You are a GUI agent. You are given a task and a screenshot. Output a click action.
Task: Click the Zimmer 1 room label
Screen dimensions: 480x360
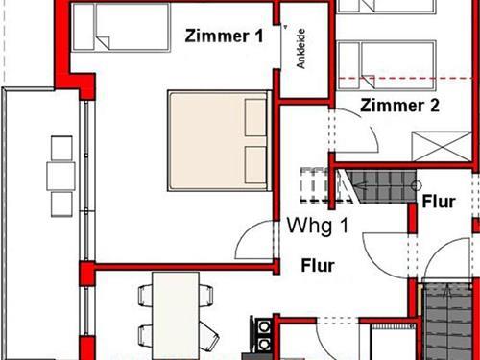point(224,36)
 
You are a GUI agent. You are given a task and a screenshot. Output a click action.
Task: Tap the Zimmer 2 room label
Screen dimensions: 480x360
point(399,106)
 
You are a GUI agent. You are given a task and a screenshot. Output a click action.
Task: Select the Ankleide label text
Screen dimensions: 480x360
point(301,49)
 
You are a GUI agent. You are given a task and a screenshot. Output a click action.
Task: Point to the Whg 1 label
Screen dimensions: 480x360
point(318,226)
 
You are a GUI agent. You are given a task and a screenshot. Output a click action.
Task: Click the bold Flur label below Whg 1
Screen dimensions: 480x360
point(318,266)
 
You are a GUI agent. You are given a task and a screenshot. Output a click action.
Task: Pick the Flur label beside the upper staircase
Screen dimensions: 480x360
point(439,202)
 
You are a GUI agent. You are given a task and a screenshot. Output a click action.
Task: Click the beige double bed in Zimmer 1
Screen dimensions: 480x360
point(220,141)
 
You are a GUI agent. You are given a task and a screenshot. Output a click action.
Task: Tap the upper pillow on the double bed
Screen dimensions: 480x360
point(255,117)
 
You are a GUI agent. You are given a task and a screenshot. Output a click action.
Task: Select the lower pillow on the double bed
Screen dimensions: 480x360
point(255,165)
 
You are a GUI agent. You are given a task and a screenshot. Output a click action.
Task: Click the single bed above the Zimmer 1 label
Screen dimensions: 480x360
point(121,27)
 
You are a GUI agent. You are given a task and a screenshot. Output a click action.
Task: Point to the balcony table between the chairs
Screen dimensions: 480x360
point(61,177)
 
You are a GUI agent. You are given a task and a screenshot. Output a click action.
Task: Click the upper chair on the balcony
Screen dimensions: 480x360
point(61,149)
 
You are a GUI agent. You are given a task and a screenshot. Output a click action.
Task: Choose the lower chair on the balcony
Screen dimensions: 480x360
point(61,204)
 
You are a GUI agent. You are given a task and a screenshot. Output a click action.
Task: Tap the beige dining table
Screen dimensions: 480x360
point(176,316)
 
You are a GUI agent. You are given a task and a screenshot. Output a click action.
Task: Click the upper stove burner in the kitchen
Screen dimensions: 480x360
point(263,327)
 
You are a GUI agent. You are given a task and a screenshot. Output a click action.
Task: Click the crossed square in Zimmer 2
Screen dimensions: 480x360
point(443,147)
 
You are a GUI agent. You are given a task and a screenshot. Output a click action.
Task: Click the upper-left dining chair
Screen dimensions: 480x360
point(145,295)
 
